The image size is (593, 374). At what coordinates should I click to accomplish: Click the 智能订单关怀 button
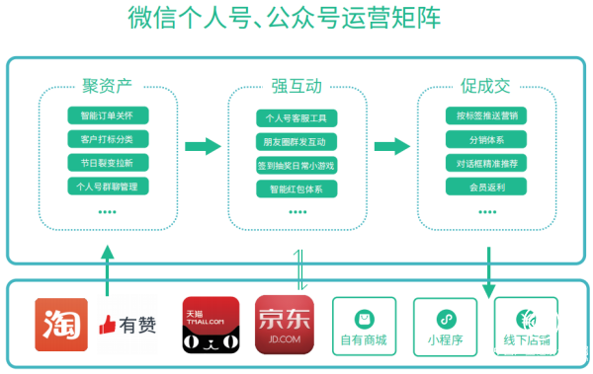coord(108,114)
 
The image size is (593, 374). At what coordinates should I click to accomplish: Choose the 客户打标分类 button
coord(108,138)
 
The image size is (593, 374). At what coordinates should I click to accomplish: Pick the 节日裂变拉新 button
coord(108,162)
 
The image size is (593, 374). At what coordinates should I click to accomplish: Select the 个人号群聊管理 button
coord(108,186)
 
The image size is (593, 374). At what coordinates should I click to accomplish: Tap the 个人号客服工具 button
coord(296,117)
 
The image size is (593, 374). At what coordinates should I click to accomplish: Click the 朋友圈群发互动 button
coord(296,141)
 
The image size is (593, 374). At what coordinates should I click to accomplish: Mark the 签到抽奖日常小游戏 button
coord(296,165)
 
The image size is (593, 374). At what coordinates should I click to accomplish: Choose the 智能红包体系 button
coord(296,188)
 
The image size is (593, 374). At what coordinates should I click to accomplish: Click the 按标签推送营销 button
coord(485,115)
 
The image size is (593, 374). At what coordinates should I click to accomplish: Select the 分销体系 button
coord(485,139)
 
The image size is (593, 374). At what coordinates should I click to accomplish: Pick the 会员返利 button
coord(485,187)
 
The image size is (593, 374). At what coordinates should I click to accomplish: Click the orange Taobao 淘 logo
coord(61,325)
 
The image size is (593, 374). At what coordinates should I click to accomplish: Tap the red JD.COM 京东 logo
coord(284,325)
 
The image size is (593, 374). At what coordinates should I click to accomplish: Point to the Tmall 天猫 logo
coord(211,325)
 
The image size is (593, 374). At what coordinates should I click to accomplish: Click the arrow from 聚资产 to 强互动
coord(203,147)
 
